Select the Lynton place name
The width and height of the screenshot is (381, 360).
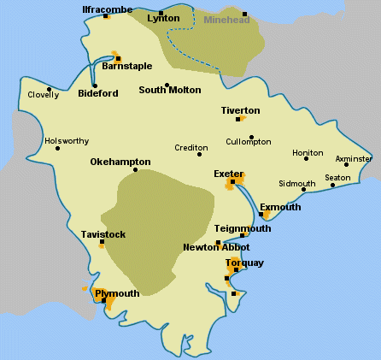point(163,18)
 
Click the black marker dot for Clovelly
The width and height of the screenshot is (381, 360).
point(50,88)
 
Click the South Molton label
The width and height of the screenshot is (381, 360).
point(170,90)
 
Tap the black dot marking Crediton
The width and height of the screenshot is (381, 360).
point(199,154)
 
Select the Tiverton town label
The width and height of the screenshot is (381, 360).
point(240,110)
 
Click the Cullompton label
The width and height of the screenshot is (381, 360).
point(249,141)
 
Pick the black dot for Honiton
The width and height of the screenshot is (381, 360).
point(306,159)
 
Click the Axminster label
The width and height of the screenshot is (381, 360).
point(354,158)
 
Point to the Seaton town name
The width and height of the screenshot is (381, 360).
point(337,177)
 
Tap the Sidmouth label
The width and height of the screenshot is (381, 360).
point(296,183)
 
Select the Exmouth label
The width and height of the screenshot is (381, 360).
point(281,207)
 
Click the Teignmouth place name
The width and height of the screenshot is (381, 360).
point(243,228)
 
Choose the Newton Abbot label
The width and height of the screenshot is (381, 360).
point(216,247)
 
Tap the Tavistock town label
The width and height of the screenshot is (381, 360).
point(103,233)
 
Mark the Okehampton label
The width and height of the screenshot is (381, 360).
point(120,162)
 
